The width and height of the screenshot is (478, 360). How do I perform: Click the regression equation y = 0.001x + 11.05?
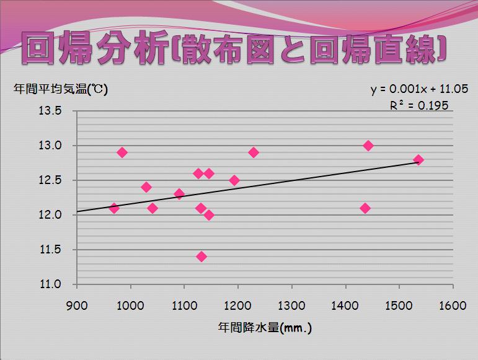pos(419,89)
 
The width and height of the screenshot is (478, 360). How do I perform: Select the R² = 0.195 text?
pos(419,105)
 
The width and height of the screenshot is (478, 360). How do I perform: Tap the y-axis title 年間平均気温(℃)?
pos(61,89)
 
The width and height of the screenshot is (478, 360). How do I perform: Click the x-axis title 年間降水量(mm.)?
pos(265,328)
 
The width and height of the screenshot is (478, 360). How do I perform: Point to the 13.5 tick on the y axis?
pos(50,110)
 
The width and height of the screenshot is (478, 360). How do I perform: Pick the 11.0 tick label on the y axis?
pos(50,284)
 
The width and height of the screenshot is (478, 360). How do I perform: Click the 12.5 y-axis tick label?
pos(50,180)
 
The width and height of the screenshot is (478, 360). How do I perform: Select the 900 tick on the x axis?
pos(77,305)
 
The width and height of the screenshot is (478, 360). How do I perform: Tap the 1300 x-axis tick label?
pos(291,305)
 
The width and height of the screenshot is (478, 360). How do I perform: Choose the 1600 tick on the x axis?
pos(453,305)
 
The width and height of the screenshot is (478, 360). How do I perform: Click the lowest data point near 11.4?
pos(201,257)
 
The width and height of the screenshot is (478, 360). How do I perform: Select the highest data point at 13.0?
pos(368,146)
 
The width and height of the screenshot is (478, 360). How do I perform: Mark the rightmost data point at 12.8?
pos(418,160)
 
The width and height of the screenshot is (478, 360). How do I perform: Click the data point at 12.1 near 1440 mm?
pos(365,208)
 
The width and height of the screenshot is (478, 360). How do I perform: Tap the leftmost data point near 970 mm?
pos(114,208)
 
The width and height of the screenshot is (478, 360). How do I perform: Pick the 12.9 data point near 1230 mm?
pos(254,152)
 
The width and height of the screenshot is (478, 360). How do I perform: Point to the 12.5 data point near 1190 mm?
pos(234,180)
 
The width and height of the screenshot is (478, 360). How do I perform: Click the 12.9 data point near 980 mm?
pos(122,152)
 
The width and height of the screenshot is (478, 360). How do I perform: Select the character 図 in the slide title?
pos(260,49)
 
